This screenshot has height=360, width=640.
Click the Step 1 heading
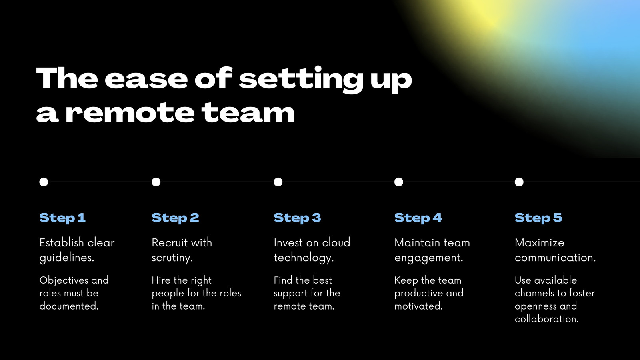click(x=62, y=218)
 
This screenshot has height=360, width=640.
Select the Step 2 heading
click(x=175, y=218)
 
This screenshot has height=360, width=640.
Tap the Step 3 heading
click(x=298, y=218)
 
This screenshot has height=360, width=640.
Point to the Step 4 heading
click(x=418, y=218)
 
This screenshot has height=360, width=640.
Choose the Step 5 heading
click(x=538, y=218)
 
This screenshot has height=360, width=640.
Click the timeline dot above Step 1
click(x=44, y=182)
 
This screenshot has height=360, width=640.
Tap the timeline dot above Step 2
click(x=156, y=182)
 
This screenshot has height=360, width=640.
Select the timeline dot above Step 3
click(x=278, y=182)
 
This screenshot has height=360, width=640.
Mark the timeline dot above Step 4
click(x=398, y=182)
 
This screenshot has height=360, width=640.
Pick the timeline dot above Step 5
click(x=519, y=182)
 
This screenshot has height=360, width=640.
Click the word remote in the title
click(x=130, y=113)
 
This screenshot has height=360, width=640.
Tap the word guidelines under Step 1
click(x=66, y=258)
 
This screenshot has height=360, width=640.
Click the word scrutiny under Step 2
click(x=172, y=258)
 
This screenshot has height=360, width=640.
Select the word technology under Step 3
click(x=304, y=258)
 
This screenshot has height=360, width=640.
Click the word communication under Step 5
click(x=555, y=258)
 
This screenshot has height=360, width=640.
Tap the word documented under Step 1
click(x=69, y=306)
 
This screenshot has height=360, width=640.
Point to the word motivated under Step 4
click(x=418, y=306)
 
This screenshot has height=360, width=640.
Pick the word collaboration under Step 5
click(x=546, y=319)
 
